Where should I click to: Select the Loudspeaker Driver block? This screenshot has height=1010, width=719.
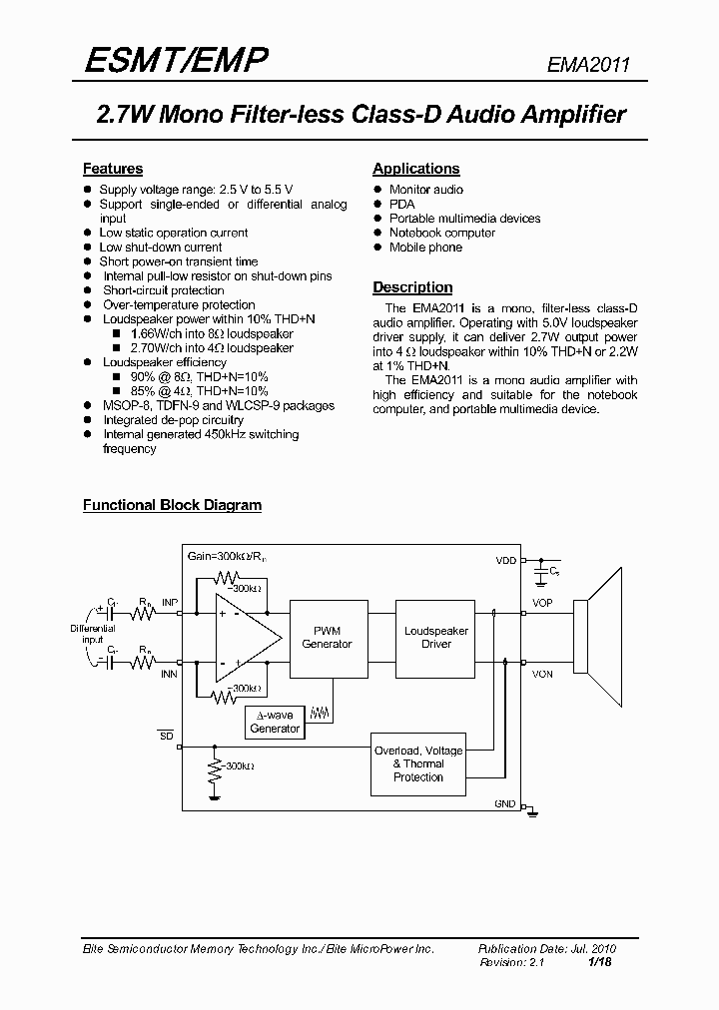tap(435, 638)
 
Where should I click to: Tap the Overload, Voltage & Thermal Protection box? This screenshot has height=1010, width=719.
tap(417, 763)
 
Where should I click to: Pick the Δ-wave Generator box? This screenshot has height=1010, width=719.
tap(275, 722)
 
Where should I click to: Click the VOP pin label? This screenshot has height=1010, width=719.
tap(542, 604)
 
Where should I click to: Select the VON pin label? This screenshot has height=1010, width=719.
tap(542, 675)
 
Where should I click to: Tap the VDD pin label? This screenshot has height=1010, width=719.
tap(506, 561)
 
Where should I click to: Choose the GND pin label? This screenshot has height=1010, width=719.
tap(505, 803)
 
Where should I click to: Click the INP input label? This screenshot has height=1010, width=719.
tap(170, 604)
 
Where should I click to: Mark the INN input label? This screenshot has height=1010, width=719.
tap(170, 675)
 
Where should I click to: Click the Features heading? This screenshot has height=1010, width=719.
tap(112, 169)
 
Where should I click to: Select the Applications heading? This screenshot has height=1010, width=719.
tap(415, 169)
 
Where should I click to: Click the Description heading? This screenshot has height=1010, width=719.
tap(412, 287)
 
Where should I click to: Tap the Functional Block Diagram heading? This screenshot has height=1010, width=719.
tap(172, 505)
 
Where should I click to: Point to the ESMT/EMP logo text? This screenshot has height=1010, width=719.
tap(176, 61)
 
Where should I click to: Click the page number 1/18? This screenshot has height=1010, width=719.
tap(599, 962)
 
